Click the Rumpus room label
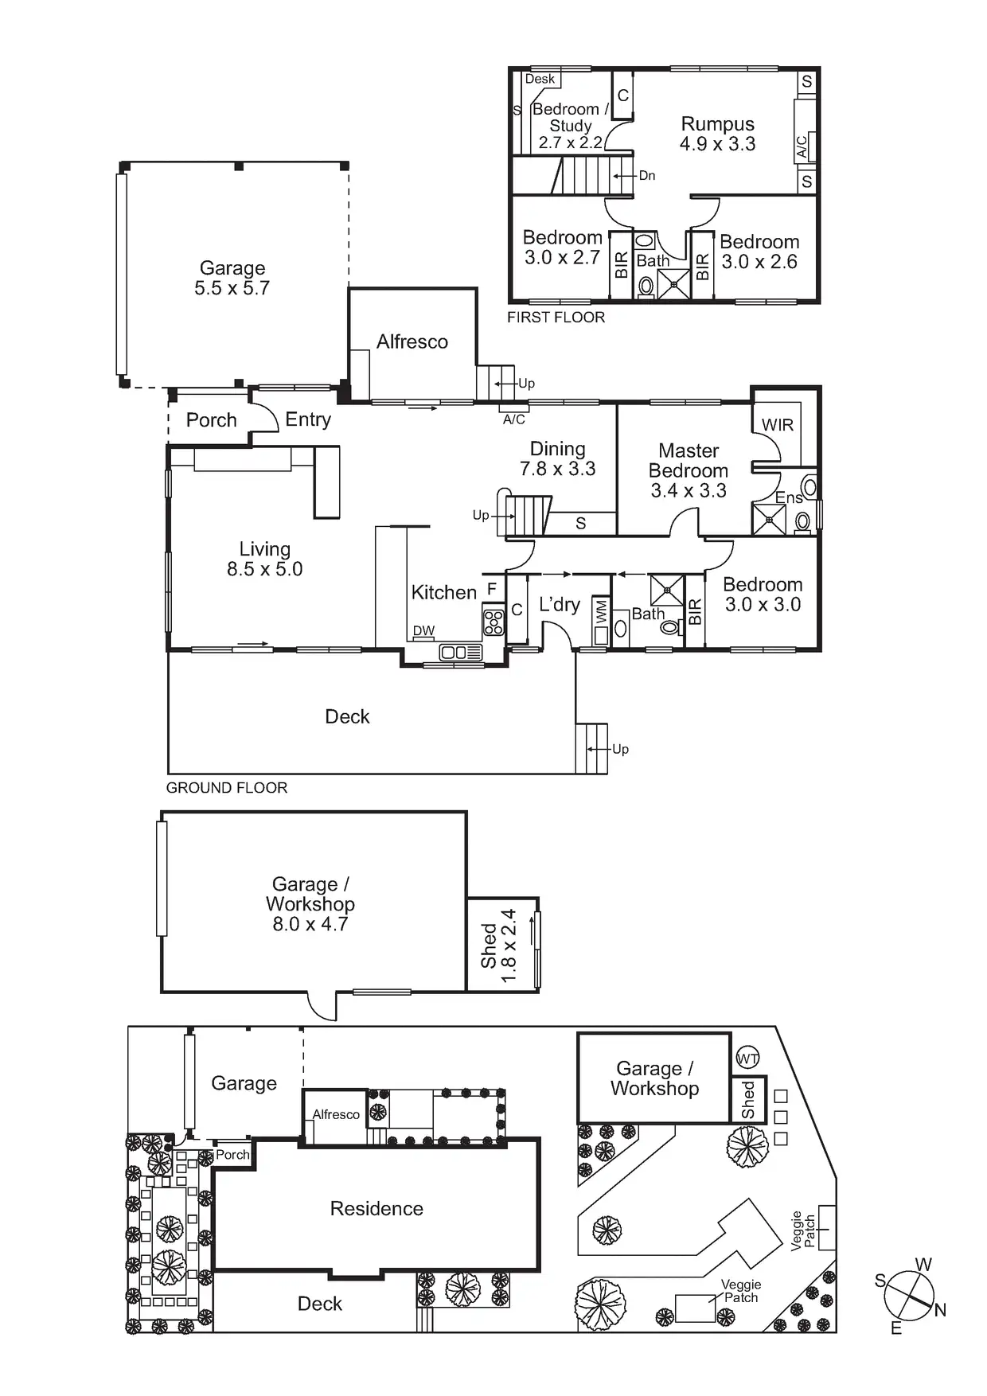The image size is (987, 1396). (x=717, y=125)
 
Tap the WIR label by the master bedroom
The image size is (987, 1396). (x=777, y=425)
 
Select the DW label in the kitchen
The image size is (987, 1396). (x=423, y=631)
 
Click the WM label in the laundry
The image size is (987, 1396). (x=601, y=611)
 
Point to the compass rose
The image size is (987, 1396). (x=909, y=1295)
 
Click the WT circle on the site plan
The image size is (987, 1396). (x=747, y=1058)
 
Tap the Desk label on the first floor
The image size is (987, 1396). (x=540, y=79)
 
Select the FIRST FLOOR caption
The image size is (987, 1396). (x=556, y=318)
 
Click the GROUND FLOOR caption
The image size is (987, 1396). (x=227, y=788)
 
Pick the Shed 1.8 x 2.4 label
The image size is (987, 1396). (x=499, y=946)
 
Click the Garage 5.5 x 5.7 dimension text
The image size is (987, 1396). (x=232, y=288)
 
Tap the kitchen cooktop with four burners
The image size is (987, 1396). (x=494, y=622)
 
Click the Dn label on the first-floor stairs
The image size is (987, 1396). (x=646, y=176)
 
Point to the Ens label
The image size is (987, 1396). (x=788, y=498)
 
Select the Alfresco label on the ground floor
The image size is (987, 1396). (x=412, y=341)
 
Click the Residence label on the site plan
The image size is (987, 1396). (x=376, y=1208)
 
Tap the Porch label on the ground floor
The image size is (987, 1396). (x=211, y=419)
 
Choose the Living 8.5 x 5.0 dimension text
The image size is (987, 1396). (x=264, y=569)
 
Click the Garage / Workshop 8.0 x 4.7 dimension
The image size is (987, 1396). (x=310, y=924)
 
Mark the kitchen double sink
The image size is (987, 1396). (x=461, y=653)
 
